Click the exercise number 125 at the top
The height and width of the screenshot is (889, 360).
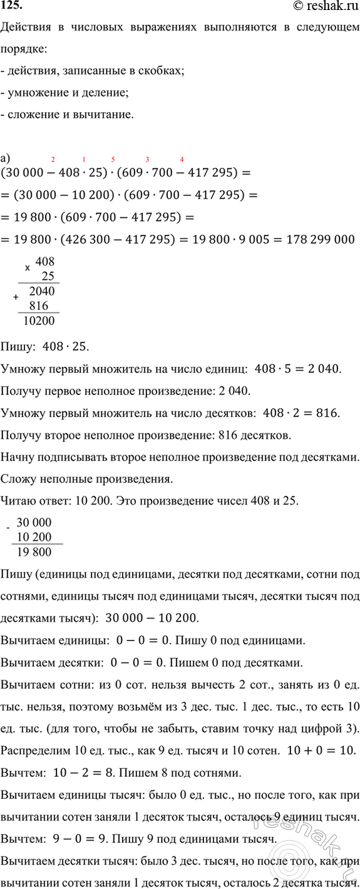(11, 6)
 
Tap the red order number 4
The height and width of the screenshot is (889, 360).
(182, 160)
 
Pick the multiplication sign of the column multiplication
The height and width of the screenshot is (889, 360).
(27, 268)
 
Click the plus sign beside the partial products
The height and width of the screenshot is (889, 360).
(16, 298)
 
